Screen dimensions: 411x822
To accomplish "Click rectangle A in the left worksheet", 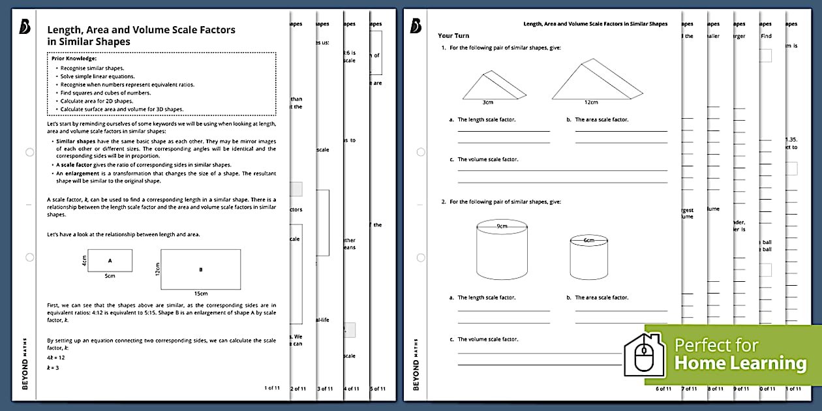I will click(x=110, y=260).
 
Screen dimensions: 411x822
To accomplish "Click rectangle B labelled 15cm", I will click(x=200, y=269).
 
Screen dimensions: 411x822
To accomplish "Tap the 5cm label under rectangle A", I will click(x=110, y=276).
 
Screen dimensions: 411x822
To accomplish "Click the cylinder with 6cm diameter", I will click(x=589, y=258).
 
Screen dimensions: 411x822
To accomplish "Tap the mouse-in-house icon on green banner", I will click(x=645, y=356).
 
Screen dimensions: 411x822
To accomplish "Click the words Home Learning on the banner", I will click(x=740, y=363).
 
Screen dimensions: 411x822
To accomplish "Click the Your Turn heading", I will click(x=453, y=36).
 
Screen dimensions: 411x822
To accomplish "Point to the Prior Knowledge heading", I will click(x=74, y=59).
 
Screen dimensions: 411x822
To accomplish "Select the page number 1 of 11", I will click(x=272, y=388).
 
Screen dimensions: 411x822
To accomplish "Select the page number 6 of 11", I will click(x=663, y=389).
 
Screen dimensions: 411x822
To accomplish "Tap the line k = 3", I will click(x=53, y=368).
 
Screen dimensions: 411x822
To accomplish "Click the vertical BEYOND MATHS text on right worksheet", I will click(x=416, y=373).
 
